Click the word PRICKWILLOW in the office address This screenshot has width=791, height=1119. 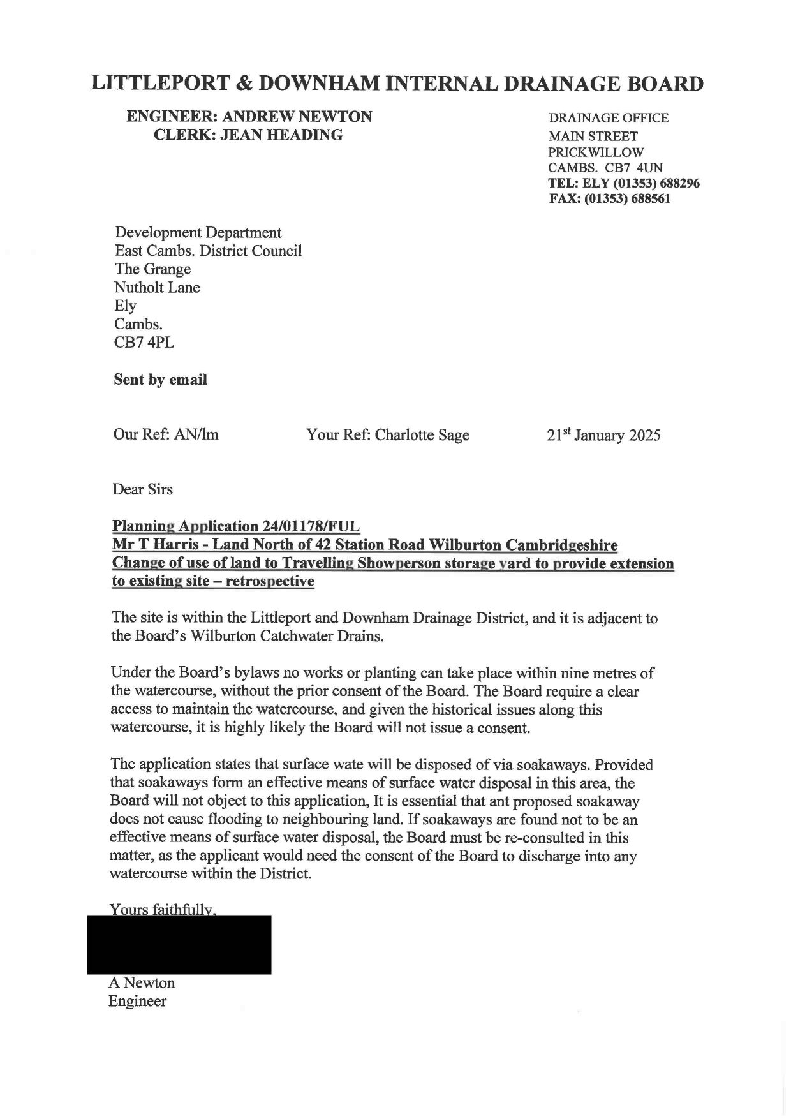coord(596,152)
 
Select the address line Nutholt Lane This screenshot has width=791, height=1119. coord(157,287)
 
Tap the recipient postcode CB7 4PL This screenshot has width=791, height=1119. coord(144,342)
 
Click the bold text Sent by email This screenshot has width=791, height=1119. coord(160,380)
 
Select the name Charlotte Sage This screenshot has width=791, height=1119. coord(422,435)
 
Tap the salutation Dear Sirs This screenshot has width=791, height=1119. coord(142,489)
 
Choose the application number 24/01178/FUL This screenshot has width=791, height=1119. coord(311,526)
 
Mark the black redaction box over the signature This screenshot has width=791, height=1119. coord(179,944)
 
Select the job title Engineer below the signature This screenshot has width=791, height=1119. coord(137,1001)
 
